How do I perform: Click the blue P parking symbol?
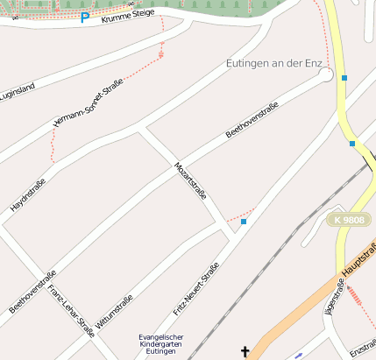click(x=84, y=18)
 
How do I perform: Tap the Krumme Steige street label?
click(x=128, y=16)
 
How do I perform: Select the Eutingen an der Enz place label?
click(x=275, y=64)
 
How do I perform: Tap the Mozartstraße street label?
click(x=190, y=180)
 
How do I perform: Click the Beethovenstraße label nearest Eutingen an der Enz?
click(x=252, y=120)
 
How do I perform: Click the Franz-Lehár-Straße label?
click(x=71, y=311)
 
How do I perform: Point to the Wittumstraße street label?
click(x=115, y=312)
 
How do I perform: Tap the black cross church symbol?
click(x=245, y=352)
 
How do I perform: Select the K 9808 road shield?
click(x=349, y=219)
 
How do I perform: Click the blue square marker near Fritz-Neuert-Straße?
click(x=244, y=222)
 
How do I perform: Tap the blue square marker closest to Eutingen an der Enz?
click(x=344, y=78)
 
